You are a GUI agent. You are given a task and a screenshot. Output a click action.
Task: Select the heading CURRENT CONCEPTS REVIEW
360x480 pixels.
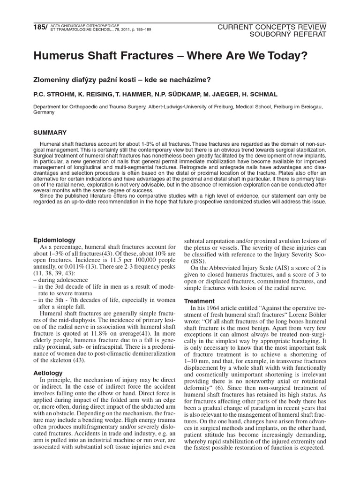point(272,27)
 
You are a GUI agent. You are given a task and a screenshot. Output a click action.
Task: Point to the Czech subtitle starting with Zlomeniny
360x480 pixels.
point(120,79)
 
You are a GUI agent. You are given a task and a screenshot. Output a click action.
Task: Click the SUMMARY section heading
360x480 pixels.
point(50,133)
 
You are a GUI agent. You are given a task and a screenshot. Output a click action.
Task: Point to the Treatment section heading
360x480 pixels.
point(200,300)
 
